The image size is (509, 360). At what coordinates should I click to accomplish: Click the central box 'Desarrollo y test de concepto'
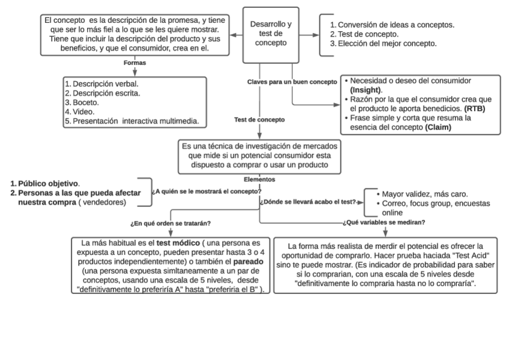(x=270, y=34)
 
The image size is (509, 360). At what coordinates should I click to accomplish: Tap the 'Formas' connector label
(x=134, y=62)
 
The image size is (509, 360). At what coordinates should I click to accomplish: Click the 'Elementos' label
(x=259, y=178)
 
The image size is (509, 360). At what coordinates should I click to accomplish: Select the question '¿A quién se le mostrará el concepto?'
(x=206, y=191)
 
